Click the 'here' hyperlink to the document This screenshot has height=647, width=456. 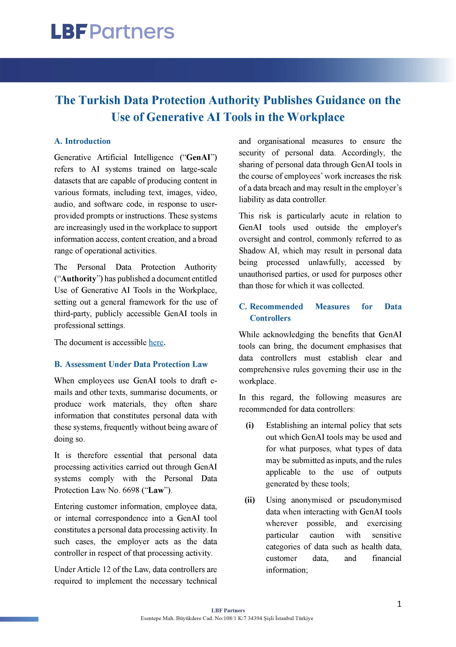click(156, 342)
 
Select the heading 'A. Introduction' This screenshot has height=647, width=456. click(82, 141)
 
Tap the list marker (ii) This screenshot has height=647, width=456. click(250, 500)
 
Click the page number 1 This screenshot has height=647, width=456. click(399, 604)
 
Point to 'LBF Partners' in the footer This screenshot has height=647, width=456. click(228, 610)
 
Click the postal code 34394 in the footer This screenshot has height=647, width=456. click(255, 618)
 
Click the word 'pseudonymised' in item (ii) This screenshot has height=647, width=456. click(375, 500)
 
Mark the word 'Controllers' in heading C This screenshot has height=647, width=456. click(270, 318)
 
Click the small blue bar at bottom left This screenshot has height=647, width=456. click(19, 619)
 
